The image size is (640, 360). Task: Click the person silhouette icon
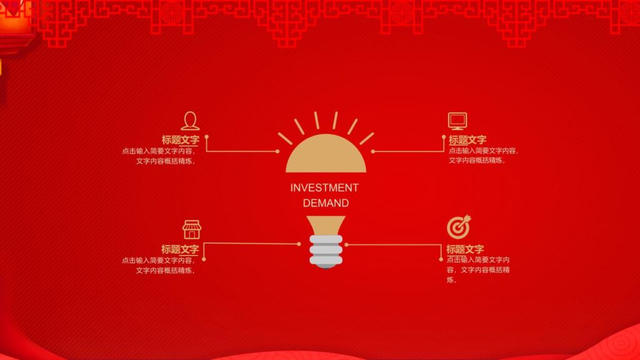click(x=190, y=121)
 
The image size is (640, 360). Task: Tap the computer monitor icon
click(x=457, y=121)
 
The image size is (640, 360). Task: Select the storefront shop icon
click(x=191, y=229)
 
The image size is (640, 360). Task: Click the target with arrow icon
click(x=459, y=226)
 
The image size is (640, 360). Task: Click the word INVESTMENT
click(x=324, y=187)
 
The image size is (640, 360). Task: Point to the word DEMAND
click(x=326, y=203)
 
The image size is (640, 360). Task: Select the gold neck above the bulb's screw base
click(x=326, y=226)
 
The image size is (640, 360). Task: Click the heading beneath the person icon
click(x=180, y=140)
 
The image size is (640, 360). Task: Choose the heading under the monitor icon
click(x=467, y=140)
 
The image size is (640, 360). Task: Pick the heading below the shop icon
click(x=180, y=249)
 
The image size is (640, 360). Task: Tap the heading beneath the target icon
click(x=465, y=249)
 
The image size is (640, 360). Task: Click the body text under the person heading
click(x=159, y=156)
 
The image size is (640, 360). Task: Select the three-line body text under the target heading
click(x=479, y=270)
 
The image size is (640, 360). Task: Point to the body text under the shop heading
click(x=159, y=265)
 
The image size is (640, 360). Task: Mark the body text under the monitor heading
click(x=483, y=156)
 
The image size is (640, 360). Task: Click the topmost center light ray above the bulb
click(x=326, y=120)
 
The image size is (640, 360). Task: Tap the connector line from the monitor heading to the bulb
click(x=409, y=151)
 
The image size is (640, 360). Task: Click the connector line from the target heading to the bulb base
click(x=394, y=244)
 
